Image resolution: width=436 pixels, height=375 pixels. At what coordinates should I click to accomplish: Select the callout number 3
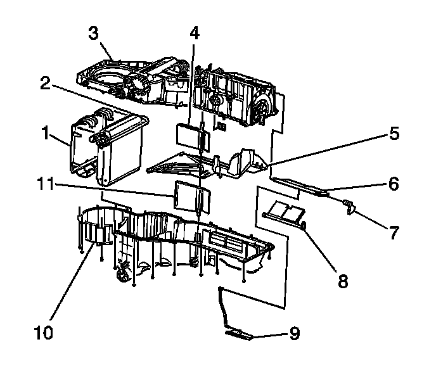coord(94,34)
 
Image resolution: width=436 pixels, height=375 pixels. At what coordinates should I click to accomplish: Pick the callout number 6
coord(394,184)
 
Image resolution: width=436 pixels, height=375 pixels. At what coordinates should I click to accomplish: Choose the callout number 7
coord(394,234)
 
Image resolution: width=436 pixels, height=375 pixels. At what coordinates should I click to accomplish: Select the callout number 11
coord(44,184)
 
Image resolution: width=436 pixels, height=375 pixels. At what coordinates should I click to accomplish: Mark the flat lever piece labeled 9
coord(238,333)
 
